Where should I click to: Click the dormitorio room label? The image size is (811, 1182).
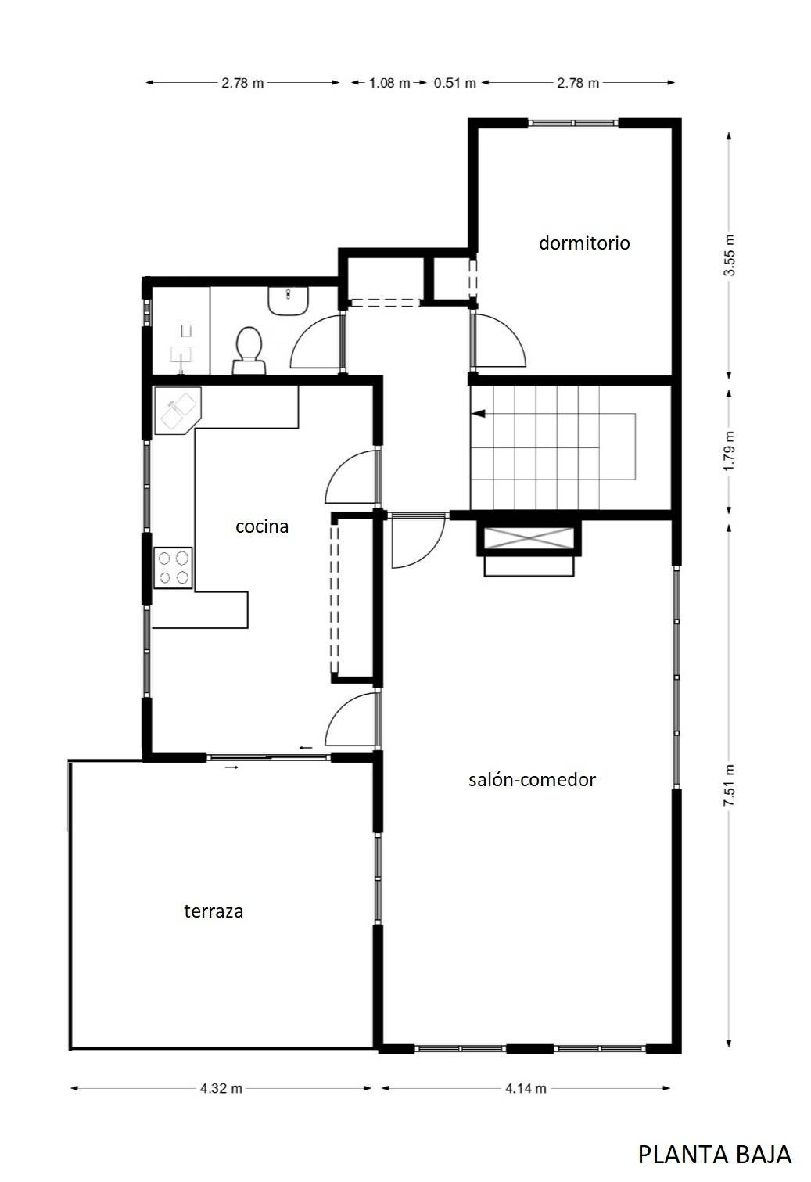(584, 243)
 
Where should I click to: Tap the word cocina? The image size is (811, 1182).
(262, 526)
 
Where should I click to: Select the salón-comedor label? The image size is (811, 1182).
(532, 780)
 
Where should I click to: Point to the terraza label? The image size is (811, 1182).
(214, 911)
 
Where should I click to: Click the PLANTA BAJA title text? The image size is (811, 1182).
(715, 1155)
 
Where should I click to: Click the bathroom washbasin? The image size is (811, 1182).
(288, 301)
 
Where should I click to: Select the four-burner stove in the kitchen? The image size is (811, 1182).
(173, 568)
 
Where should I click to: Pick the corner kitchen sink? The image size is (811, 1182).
(178, 411)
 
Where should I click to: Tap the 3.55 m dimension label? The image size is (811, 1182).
(729, 255)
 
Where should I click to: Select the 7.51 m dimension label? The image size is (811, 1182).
(729, 785)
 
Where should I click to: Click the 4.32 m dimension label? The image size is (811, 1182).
(221, 1088)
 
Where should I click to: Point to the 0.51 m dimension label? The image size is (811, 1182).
(455, 83)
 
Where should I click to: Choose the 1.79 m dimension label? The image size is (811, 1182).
(729, 451)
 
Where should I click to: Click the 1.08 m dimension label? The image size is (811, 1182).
(389, 83)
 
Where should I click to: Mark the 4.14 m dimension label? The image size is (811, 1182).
(526, 1088)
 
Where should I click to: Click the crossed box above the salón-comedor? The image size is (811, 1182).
(529, 538)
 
